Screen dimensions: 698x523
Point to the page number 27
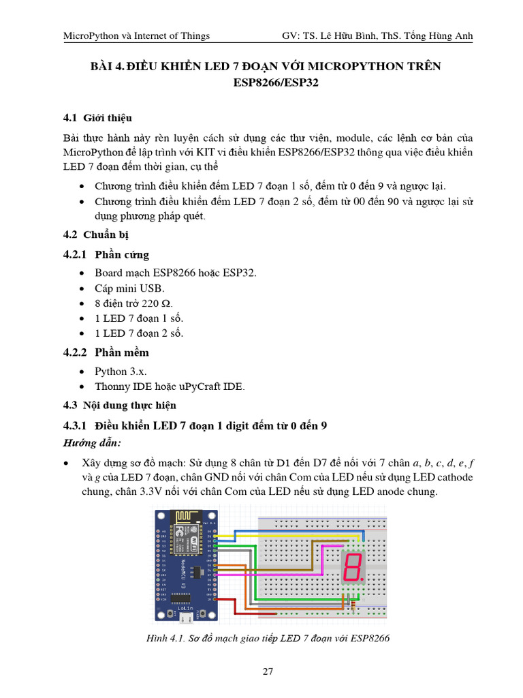click(x=268, y=671)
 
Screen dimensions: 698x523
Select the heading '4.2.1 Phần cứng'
click(x=106, y=255)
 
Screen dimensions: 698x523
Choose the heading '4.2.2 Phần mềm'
click(x=106, y=352)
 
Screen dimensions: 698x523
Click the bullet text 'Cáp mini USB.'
click(x=129, y=288)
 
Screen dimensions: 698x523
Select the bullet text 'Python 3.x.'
click(x=121, y=371)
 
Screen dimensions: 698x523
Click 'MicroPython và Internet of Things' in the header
click(x=136, y=35)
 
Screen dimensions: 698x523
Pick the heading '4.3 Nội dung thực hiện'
click(x=119, y=406)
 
